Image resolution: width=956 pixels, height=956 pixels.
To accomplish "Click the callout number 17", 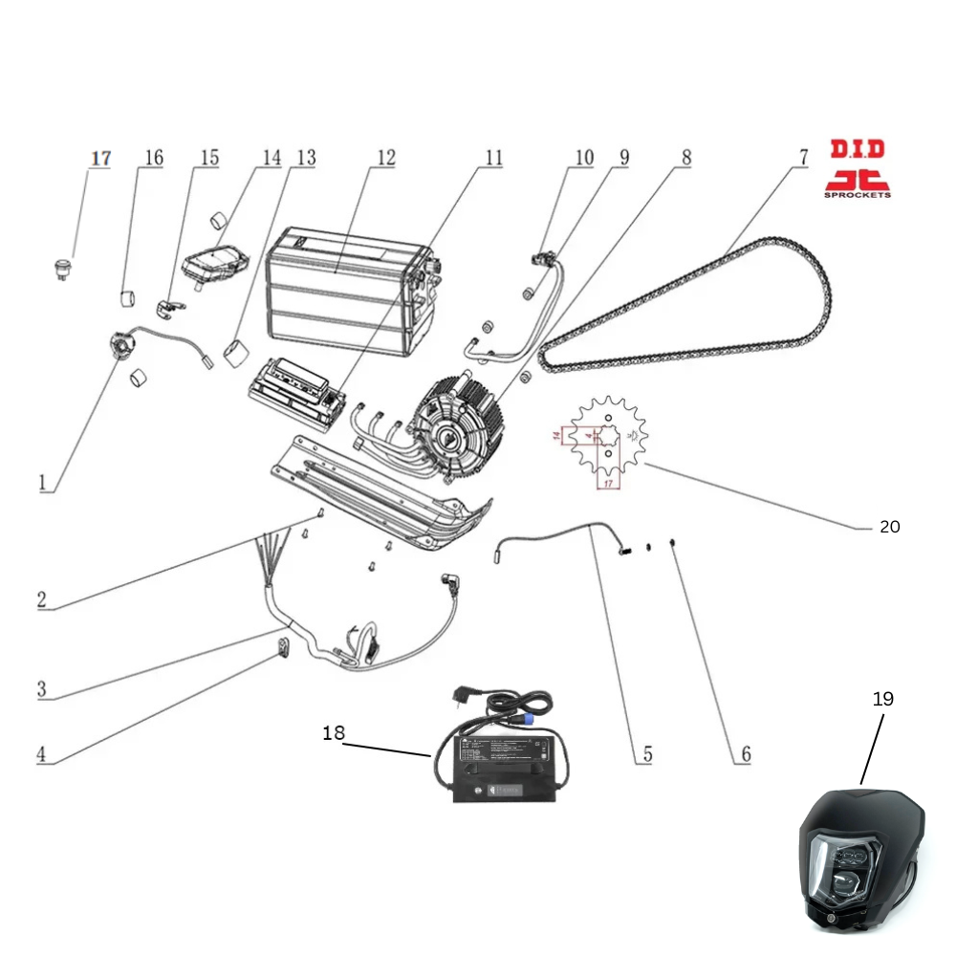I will coord(101,158).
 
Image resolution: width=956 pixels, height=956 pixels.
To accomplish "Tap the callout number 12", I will coord(384,158).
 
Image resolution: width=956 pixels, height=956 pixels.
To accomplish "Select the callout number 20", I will coord(889,526).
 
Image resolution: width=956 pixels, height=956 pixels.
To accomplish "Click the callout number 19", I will coord(882,699).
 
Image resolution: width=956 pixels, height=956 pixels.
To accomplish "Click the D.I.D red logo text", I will coord(857,150).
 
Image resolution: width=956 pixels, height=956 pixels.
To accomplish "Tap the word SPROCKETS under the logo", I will coord(857,194).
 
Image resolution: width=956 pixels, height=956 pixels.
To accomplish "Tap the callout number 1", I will coord(42,483).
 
